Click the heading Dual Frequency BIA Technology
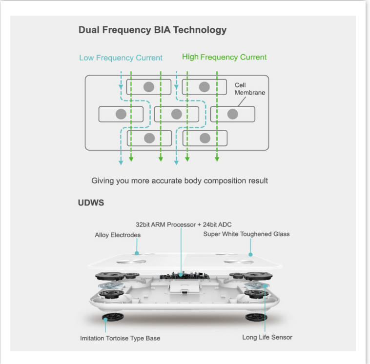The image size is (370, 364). tap(152, 30)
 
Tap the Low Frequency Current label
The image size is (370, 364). tap(121, 58)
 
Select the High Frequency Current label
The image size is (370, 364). tap(224, 57)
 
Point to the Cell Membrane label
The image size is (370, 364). tap(249, 89)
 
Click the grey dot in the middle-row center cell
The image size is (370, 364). tap(177, 114)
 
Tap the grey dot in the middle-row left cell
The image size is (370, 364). tap(121, 114)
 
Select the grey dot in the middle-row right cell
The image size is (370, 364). tap(233, 114)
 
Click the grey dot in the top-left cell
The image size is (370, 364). tap(149, 87)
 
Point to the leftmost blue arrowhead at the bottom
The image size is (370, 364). tap(121, 162)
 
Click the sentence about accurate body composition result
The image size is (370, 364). tap(180, 181)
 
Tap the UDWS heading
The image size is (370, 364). tap(91, 202)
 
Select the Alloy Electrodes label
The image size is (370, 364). tap(118, 235)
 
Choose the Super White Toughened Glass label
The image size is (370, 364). tap(246, 234)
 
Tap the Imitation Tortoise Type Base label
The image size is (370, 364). tap(120, 338)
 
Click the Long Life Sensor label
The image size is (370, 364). tap(267, 337)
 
